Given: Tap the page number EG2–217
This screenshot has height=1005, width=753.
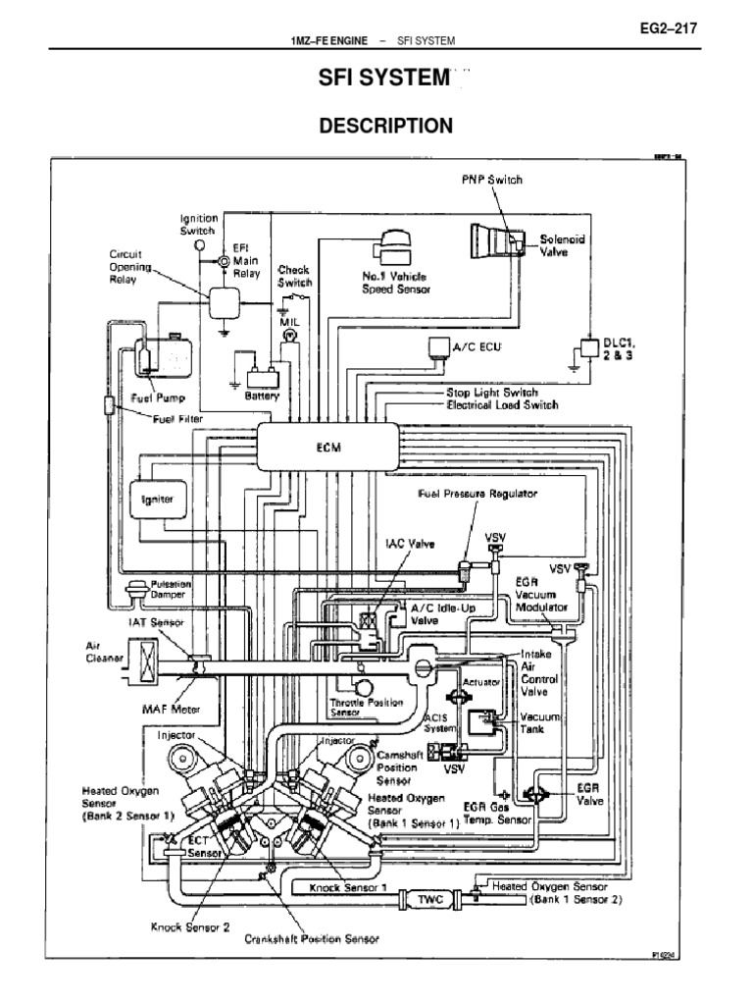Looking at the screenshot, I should [x=667, y=28].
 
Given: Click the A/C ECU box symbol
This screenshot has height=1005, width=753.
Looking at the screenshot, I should [x=436, y=345].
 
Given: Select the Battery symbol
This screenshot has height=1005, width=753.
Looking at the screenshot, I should [x=264, y=377].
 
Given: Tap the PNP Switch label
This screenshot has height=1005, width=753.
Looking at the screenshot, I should [x=492, y=180].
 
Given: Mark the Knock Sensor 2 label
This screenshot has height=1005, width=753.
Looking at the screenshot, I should [x=189, y=926].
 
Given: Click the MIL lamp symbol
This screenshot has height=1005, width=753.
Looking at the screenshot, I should [x=289, y=335].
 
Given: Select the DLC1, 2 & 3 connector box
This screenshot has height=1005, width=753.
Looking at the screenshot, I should [x=590, y=347].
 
